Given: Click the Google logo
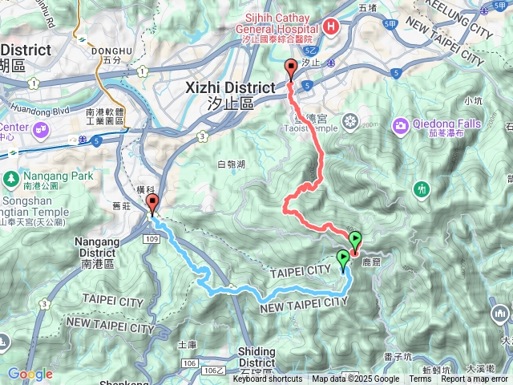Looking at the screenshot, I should [30, 374].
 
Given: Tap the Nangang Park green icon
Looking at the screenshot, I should [11, 177].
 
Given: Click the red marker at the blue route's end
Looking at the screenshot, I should [153, 205].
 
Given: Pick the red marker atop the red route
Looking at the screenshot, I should [291, 69].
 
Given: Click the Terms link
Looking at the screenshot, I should [420, 379].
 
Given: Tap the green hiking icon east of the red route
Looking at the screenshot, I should [422, 189].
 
